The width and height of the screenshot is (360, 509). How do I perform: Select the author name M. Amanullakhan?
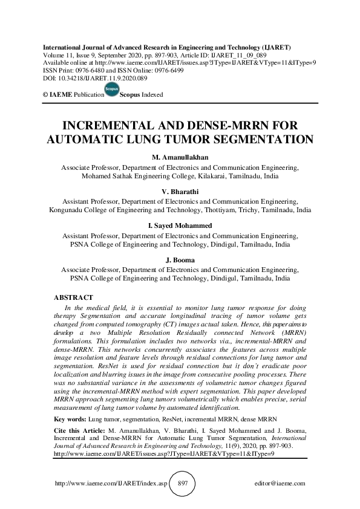tap(180, 157)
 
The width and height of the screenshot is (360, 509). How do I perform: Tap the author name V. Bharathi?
tap(180, 192)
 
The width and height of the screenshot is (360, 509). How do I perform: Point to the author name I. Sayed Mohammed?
tap(180, 226)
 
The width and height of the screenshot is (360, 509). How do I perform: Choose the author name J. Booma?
tap(180, 261)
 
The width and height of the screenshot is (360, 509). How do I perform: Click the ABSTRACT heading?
tap(74, 297)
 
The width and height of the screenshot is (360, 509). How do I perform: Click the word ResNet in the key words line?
tap(169, 418)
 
